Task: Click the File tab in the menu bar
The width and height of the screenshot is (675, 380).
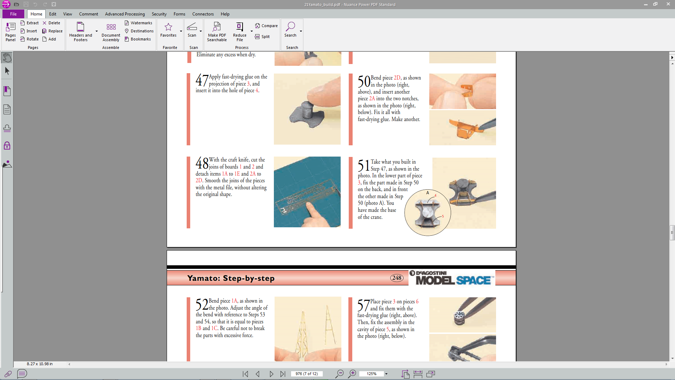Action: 13,14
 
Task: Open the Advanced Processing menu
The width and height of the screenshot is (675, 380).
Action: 125,14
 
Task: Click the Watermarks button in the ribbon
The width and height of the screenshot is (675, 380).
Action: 139,23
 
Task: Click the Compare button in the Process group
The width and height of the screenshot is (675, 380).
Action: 266,26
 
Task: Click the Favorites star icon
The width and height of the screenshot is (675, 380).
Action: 168,27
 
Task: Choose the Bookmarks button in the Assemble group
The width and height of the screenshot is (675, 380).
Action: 138,39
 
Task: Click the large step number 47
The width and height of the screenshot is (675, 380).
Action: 202,80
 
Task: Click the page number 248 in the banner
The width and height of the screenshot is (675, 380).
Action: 397,278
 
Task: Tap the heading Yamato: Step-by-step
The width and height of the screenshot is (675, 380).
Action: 231,278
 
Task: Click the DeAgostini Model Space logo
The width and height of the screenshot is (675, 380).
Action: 452,278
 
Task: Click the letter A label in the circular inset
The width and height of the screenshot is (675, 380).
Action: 427,193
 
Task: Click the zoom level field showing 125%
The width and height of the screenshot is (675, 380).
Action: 372,374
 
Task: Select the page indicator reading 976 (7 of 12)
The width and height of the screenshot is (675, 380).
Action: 307,374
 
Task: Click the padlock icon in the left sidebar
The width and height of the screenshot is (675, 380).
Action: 7,146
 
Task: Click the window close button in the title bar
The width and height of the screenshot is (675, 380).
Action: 668,4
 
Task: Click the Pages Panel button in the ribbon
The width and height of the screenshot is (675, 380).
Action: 11,32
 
